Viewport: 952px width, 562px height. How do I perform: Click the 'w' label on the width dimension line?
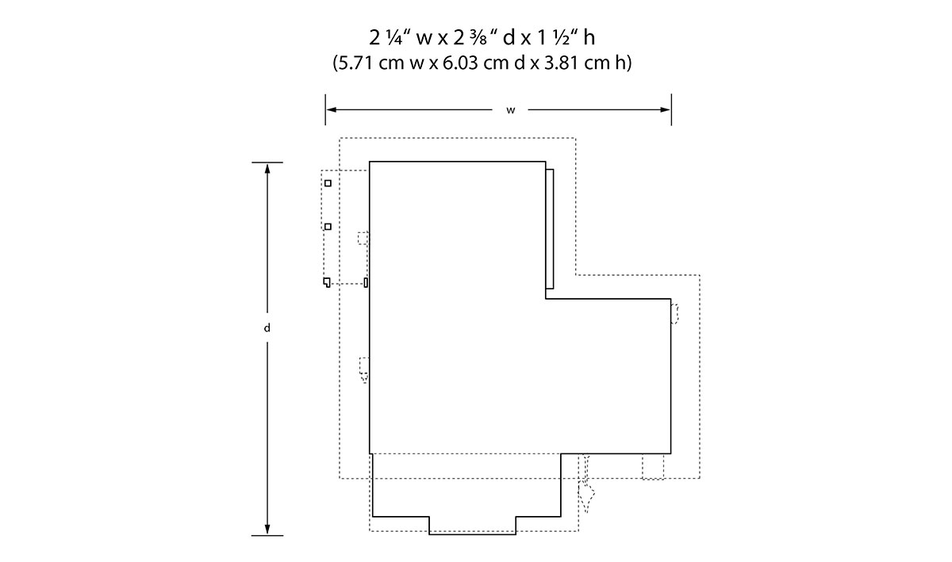tap(510, 110)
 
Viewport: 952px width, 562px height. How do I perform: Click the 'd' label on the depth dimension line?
tap(267, 328)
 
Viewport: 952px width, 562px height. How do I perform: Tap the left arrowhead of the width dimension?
tap(332, 109)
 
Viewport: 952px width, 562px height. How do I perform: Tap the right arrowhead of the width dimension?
tap(666, 109)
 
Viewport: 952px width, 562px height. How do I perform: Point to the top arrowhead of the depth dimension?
tap(267, 168)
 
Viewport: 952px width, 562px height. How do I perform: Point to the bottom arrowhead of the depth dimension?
tap(267, 530)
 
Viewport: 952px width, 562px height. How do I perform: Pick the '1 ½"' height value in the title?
tap(557, 38)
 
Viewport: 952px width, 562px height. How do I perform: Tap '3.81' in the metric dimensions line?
tap(562, 63)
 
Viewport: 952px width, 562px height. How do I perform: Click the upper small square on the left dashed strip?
tap(328, 183)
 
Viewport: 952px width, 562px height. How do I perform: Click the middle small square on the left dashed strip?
tap(328, 227)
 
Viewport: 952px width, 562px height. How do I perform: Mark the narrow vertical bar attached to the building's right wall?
tap(550, 229)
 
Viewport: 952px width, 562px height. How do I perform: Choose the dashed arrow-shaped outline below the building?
tap(586, 484)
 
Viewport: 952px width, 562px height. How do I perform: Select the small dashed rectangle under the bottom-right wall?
tap(653, 467)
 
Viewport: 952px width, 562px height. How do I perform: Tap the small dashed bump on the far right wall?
tap(674, 314)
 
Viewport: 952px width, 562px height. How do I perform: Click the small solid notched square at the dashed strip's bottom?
tap(326, 282)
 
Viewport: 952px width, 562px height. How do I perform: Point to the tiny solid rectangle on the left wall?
tap(366, 282)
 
